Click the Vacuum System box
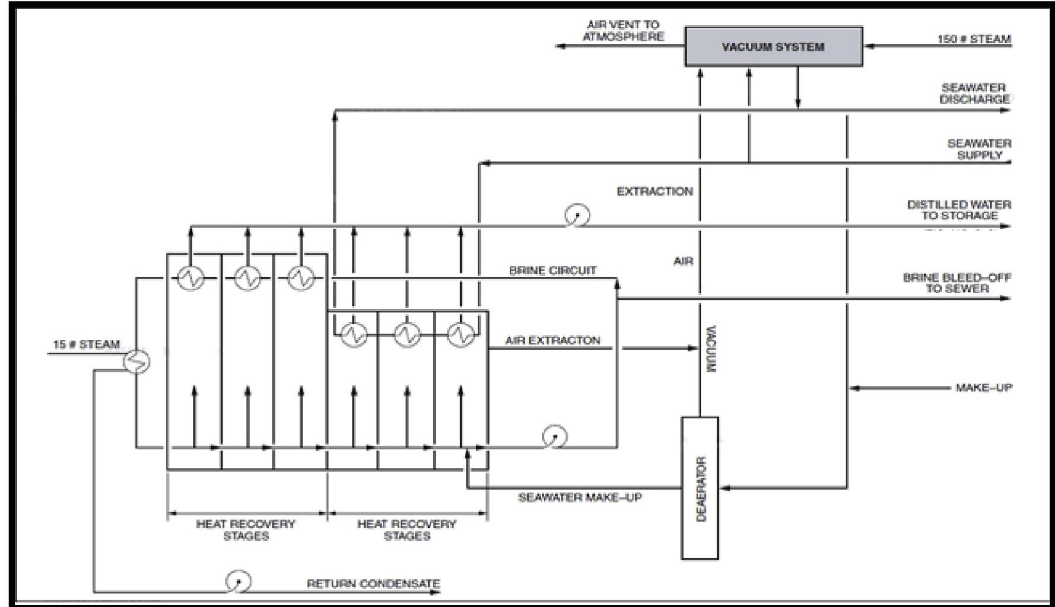[773, 46]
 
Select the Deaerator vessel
[700, 488]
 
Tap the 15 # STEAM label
[87, 344]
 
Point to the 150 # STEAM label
[974, 39]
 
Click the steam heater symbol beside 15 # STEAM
[137, 361]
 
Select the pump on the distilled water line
[577, 215]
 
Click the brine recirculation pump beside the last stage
[554, 437]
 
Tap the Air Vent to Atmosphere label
[623, 31]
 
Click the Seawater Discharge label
[974, 94]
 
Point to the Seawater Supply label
[979, 149]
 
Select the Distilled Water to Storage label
[959, 210]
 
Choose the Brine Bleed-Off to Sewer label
[957, 283]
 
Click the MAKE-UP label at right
[983, 388]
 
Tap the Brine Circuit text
[552, 271]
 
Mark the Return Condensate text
[373, 584]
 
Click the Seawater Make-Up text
[580, 497]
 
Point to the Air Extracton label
[552, 340]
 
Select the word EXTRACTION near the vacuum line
[654, 191]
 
